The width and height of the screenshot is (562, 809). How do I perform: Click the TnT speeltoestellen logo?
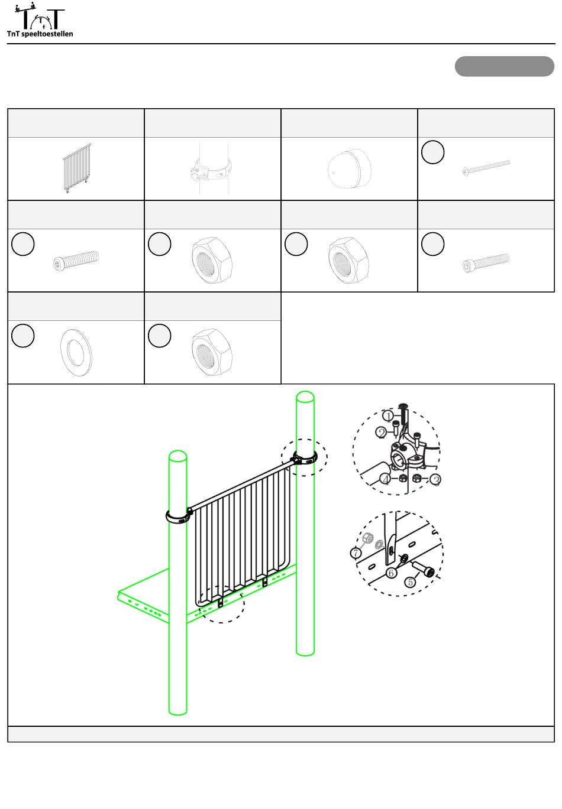[40, 20]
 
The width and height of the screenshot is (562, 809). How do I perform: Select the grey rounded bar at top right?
[504, 66]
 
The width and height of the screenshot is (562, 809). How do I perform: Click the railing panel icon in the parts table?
[77, 168]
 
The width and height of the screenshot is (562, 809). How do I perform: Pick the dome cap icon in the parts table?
[350, 168]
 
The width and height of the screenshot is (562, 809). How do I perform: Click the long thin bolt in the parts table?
[486, 168]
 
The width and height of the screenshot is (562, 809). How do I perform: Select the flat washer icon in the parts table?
[76, 352]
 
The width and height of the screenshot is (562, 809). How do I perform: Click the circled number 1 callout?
[388, 415]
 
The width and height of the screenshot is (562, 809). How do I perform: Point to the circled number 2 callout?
[381, 433]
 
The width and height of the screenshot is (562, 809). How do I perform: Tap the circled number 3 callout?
[436, 480]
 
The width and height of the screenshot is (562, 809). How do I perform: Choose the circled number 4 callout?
[386, 480]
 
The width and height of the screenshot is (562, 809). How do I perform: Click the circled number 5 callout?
[410, 582]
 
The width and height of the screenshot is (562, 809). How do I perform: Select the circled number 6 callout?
[391, 573]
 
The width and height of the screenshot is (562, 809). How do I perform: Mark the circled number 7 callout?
[356, 553]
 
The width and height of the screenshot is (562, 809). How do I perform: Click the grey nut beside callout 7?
[368, 538]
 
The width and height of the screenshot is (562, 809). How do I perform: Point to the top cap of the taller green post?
[305, 397]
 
